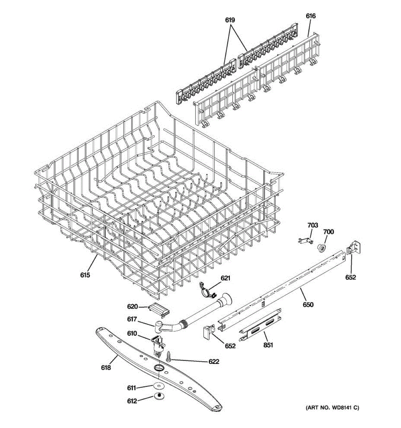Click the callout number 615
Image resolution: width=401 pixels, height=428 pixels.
pyautogui.click(x=85, y=275)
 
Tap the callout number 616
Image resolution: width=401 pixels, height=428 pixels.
pyautogui.click(x=310, y=16)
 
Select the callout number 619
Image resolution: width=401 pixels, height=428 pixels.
pyautogui.click(x=230, y=20)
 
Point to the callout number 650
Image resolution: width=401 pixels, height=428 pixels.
pyautogui.click(x=308, y=305)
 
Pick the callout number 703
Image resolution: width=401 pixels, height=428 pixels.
pyautogui.click(x=312, y=225)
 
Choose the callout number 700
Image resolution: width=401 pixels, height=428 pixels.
pyautogui.click(x=328, y=232)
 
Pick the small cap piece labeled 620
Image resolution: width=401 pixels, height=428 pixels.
pyautogui.click(x=160, y=309)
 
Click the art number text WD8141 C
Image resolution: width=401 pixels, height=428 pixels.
pyautogui.click(x=331, y=408)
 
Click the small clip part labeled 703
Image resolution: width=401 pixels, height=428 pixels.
pyautogui.click(x=304, y=241)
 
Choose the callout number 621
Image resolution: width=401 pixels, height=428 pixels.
pyautogui.click(x=225, y=278)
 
